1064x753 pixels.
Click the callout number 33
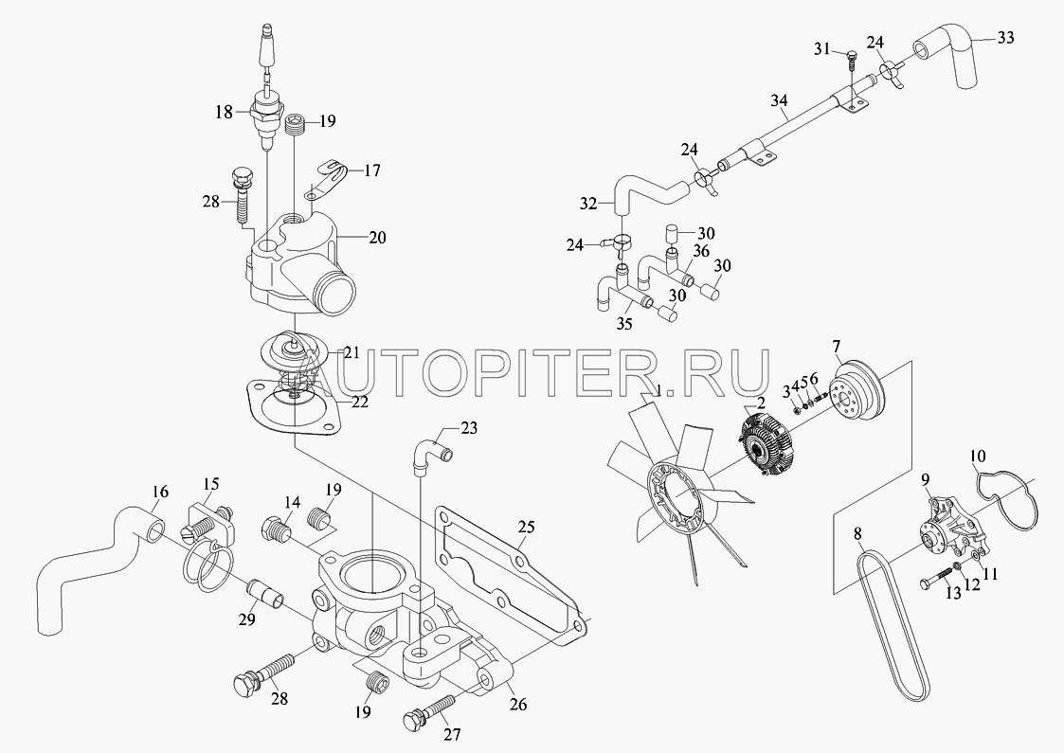(1005, 37)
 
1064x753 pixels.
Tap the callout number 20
(377, 238)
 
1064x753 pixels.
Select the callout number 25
(527, 527)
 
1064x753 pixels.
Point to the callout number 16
(160, 492)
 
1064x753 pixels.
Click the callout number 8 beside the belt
(858, 534)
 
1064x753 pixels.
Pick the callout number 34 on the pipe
(779, 101)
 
